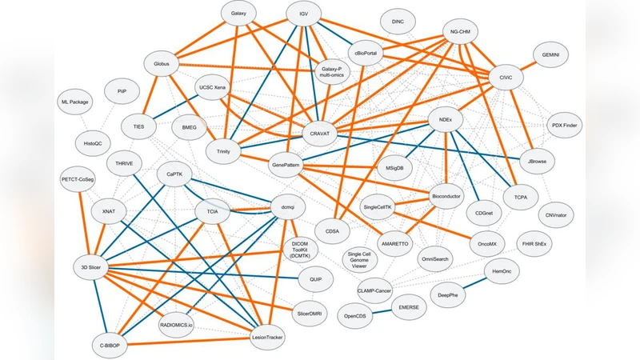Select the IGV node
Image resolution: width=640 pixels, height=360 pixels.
pyautogui.click(x=303, y=15)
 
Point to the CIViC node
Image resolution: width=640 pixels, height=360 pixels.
pyautogui.click(x=505, y=77)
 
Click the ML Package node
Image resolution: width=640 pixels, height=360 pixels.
pyautogui.click(x=74, y=102)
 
